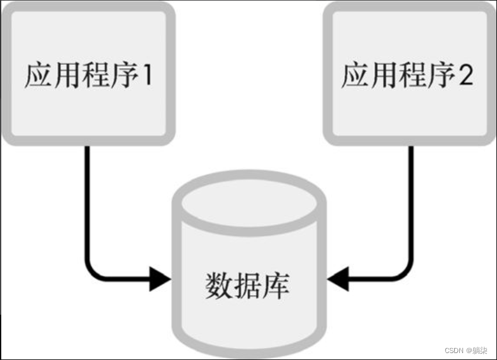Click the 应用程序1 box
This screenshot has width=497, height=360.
[87, 74]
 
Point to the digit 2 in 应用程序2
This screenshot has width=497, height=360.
[465, 76]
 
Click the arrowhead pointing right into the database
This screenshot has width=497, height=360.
[160, 278]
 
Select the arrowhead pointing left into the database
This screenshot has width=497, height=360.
[338, 278]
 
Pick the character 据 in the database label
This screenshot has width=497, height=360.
[248, 286]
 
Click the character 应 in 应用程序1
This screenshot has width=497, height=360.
[38, 76]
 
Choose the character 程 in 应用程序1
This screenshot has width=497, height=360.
[93, 76]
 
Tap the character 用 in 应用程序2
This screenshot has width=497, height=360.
[384, 76]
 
